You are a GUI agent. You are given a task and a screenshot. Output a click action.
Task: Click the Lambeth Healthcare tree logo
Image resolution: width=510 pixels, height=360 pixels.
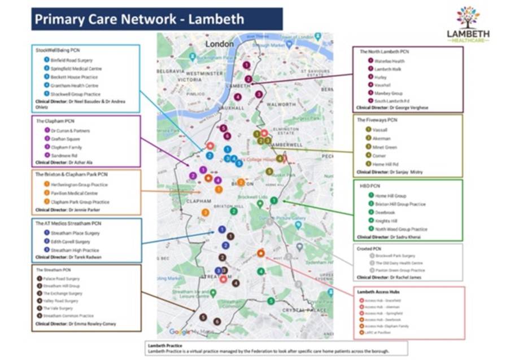coord(468,17)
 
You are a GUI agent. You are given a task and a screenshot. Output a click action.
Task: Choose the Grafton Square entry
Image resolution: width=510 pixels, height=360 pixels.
coord(63,138)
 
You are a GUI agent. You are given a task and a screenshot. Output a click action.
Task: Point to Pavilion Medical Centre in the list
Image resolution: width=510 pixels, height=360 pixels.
coord(66,193)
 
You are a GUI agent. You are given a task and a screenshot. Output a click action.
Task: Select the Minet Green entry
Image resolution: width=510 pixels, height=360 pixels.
coord(385,147)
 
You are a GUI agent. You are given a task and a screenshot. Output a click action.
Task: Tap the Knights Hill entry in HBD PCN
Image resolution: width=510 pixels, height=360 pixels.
coord(386,221)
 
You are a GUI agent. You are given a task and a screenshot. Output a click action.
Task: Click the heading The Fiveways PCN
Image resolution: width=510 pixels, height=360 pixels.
coord(377,120)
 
